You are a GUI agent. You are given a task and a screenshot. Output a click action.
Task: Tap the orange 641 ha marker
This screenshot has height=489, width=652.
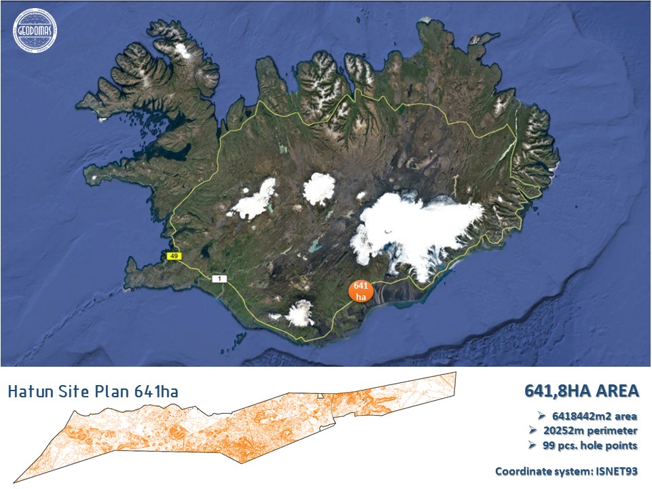[361, 291]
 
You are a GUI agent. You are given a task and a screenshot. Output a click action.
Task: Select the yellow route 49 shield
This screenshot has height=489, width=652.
[173, 255]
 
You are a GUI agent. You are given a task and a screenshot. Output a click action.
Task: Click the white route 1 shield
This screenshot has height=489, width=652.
[218, 278]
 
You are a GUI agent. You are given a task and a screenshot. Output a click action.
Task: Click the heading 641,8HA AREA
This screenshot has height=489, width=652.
[581, 391]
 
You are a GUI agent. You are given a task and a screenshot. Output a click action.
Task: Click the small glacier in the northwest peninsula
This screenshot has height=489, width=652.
[182, 50]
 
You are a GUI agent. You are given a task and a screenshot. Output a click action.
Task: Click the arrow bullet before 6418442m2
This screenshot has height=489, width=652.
[542, 416]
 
